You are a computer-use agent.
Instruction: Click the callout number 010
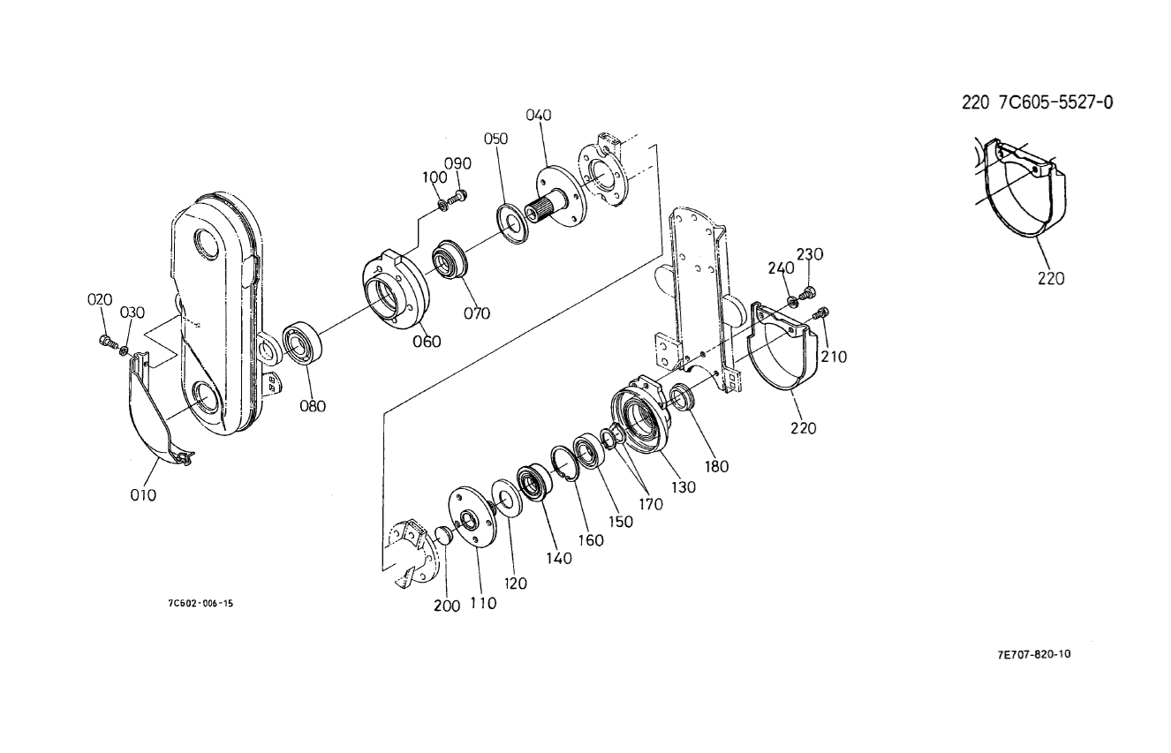tap(143, 495)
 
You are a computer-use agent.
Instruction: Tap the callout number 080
tap(313, 406)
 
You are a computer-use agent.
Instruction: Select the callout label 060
tap(427, 342)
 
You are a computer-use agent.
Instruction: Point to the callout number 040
tap(539, 115)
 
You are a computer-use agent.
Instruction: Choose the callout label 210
tap(835, 357)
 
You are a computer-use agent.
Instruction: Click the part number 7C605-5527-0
tap(1055, 102)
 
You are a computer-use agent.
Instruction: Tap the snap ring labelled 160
tap(562, 465)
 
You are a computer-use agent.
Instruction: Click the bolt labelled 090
tap(459, 197)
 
